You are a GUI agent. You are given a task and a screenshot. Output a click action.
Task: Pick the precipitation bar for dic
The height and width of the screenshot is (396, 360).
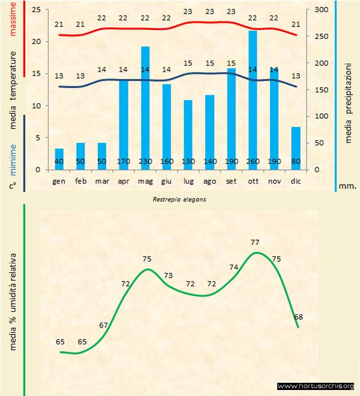point(296,148)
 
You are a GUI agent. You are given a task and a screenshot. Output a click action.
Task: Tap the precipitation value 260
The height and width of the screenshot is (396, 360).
point(253,161)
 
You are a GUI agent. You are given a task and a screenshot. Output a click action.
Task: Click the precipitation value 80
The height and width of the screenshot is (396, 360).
point(296,161)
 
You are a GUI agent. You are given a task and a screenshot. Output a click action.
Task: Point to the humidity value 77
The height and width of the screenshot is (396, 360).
point(255,242)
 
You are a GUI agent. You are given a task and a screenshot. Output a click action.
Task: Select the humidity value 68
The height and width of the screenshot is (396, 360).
point(298,316)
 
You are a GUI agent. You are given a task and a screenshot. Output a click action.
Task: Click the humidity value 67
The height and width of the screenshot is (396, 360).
point(104,325)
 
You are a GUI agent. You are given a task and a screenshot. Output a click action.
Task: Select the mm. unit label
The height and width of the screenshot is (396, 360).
point(348,186)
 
